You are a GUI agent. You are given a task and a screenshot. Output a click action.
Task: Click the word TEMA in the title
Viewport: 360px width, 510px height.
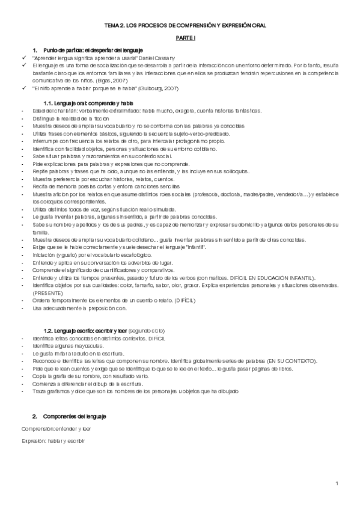113,26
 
